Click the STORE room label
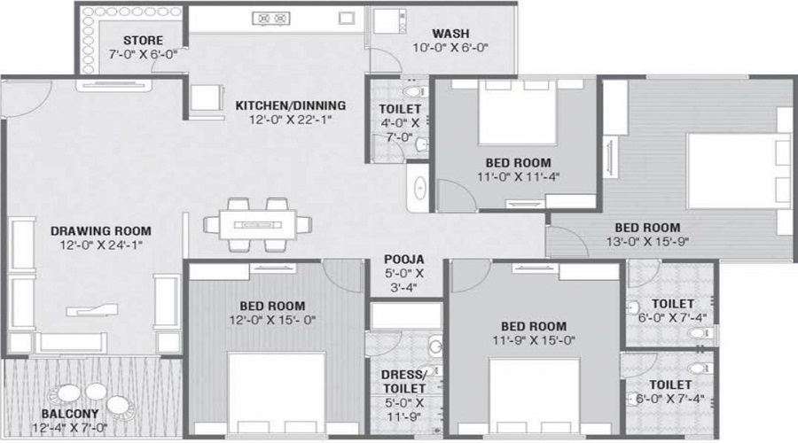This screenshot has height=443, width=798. tap(143, 40)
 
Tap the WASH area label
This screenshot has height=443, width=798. tap(450, 34)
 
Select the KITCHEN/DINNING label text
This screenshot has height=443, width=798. tap(290, 105)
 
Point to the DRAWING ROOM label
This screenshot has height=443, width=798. tap(101, 231)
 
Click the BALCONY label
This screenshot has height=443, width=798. tap(70, 414)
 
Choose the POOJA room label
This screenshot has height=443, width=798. tap(404, 260)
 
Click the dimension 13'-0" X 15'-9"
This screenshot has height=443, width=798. tap(647, 242)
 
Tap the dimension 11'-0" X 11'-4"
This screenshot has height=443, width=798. tap(518, 177)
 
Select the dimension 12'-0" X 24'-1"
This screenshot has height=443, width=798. tap(101, 245)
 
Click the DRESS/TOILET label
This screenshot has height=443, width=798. tap(404, 382)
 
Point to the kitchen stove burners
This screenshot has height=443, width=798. tap(271, 19)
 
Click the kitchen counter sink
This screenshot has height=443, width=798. tap(347, 19)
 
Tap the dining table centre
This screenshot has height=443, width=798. tap(257, 225)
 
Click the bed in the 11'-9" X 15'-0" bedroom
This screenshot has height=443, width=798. tap(535, 396)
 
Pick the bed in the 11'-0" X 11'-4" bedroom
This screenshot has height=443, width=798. tap(517, 112)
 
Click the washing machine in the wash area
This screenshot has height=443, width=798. tap(390, 21)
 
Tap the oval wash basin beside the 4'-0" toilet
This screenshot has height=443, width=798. tap(420, 187)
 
